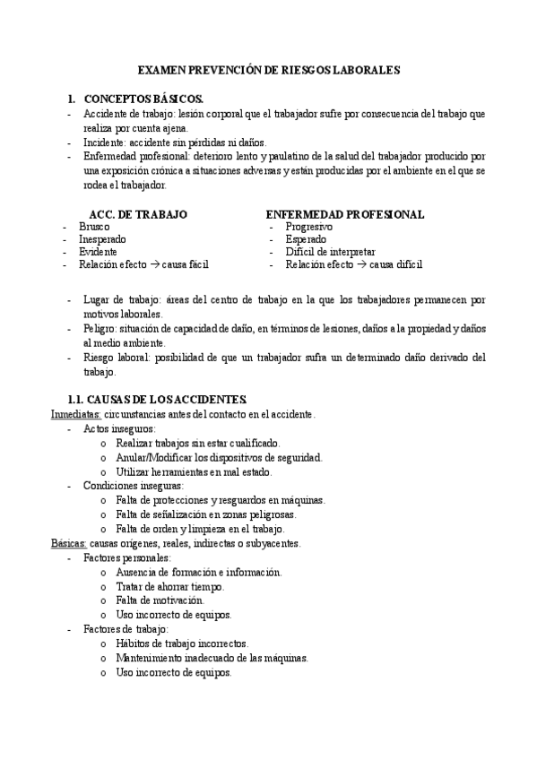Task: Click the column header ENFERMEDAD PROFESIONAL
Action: (x=345, y=215)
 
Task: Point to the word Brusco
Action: (x=94, y=228)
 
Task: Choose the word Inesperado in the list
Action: (x=102, y=240)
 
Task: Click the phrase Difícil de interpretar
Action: (x=330, y=253)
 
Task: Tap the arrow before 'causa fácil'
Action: (x=154, y=265)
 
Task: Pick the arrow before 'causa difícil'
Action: (x=360, y=265)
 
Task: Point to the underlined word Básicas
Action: (x=68, y=543)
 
